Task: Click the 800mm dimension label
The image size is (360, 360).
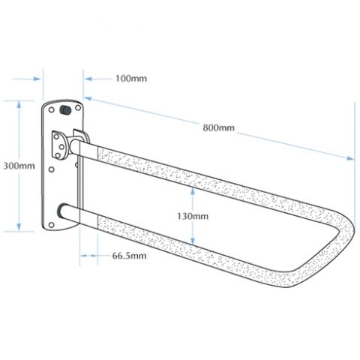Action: (x=218, y=127)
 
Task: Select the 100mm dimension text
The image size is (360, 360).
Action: (x=131, y=79)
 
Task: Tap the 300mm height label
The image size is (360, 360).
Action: (x=19, y=166)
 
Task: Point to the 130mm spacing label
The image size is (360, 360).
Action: (x=193, y=216)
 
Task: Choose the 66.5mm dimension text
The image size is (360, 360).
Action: (x=129, y=256)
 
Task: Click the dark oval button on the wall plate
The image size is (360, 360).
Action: (x=65, y=110)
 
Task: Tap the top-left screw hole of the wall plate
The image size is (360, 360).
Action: (x=52, y=109)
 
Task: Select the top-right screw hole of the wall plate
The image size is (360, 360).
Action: (x=78, y=108)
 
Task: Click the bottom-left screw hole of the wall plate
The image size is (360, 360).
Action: (x=52, y=225)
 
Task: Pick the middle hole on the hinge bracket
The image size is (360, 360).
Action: (x=61, y=146)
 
